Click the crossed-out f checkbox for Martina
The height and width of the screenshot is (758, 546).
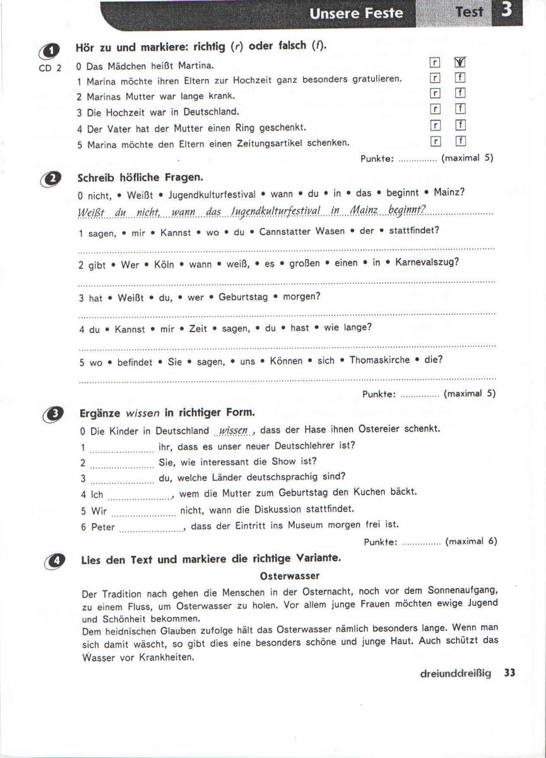(x=460, y=63)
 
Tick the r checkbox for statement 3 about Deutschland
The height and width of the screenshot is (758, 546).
(x=434, y=109)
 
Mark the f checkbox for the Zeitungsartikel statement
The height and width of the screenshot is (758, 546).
(x=461, y=140)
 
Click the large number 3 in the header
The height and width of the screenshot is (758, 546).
(x=506, y=11)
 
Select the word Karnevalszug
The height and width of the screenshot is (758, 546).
(x=427, y=263)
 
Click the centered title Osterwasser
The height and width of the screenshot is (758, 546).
(x=290, y=576)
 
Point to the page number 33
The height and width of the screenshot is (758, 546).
(x=510, y=673)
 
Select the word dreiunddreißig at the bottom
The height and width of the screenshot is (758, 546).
(x=456, y=673)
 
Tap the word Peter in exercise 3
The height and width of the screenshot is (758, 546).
(x=103, y=527)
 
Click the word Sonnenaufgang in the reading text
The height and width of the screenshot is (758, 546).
(x=461, y=592)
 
